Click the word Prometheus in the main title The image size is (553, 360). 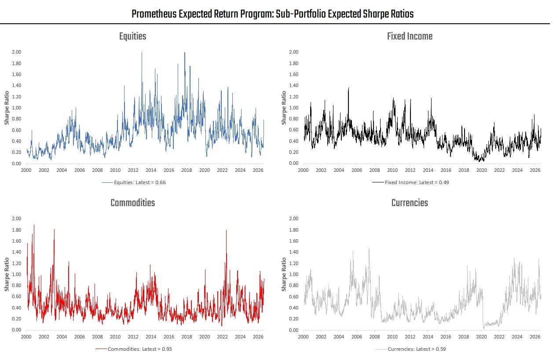pyautogui.click(x=154, y=14)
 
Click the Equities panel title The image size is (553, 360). pyautogui.click(x=133, y=36)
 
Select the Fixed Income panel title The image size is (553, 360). pyautogui.click(x=410, y=36)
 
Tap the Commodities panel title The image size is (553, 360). pyautogui.click(x=133, y=203)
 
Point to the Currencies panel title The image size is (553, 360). pyautogui.click(x=410, y=203)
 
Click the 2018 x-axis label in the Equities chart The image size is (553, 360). pyautogui.click(x=187, y=170)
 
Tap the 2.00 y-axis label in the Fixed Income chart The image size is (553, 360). pyautogui.click(x=294, y=52)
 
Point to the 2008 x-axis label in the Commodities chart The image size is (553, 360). pyautogui.click(x=97, y=337)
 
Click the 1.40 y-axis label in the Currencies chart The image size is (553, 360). pyautogui.click(x=294, y=252)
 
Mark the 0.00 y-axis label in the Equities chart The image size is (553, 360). pyautogui.click(x=17, y=164)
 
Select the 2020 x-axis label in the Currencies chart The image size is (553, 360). pyautogui.click(x=481, y=337)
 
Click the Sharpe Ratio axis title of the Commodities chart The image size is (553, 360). pyautogui.click(x=7, y=274)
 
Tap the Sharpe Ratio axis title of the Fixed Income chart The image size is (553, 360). pyautogui.click(x=284, y=108)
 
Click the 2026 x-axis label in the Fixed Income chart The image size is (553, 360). pyautogui.click(x=535, y=170)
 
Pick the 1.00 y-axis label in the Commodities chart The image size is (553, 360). pyautogui.click(x=17, y=274)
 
